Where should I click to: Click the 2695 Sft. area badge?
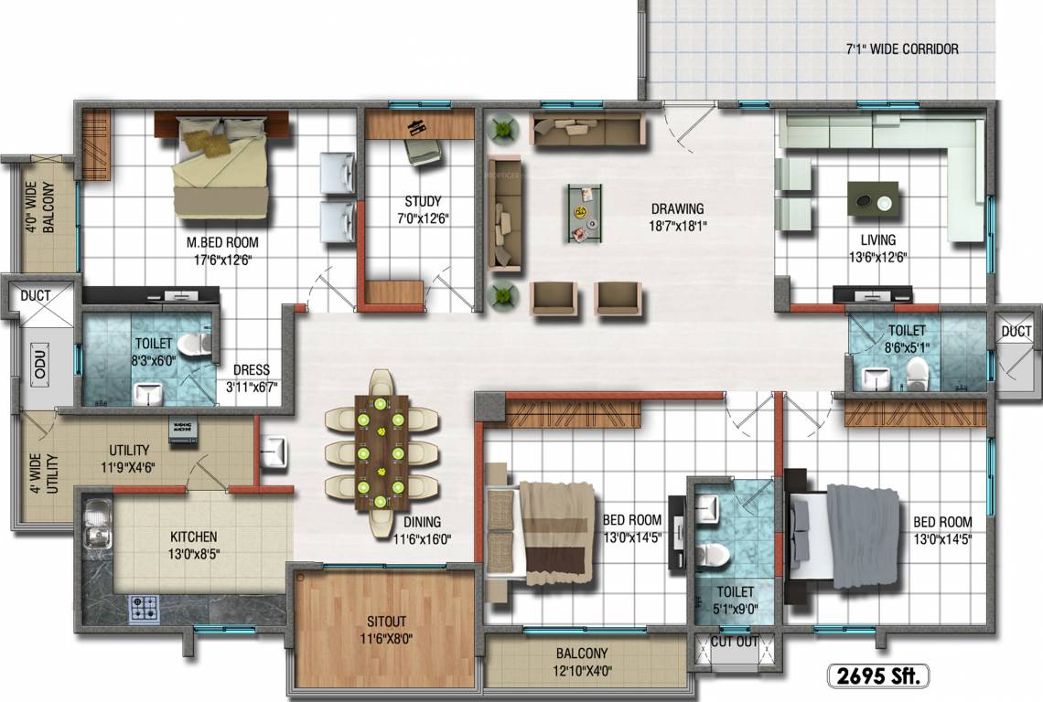click(x=877, y=676)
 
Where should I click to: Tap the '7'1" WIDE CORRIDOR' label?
click(x=901, y=49)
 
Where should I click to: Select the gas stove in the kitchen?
click(x=144, y=607)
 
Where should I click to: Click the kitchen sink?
click(x=96, y=525)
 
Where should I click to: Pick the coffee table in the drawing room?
click(x=583, y=213)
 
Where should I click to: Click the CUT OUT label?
click(x=736, y=642)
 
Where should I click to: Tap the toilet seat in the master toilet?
click(x=196, y=345)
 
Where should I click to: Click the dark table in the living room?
click(x=873, y=199)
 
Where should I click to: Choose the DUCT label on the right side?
click(x=1016, y=331)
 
